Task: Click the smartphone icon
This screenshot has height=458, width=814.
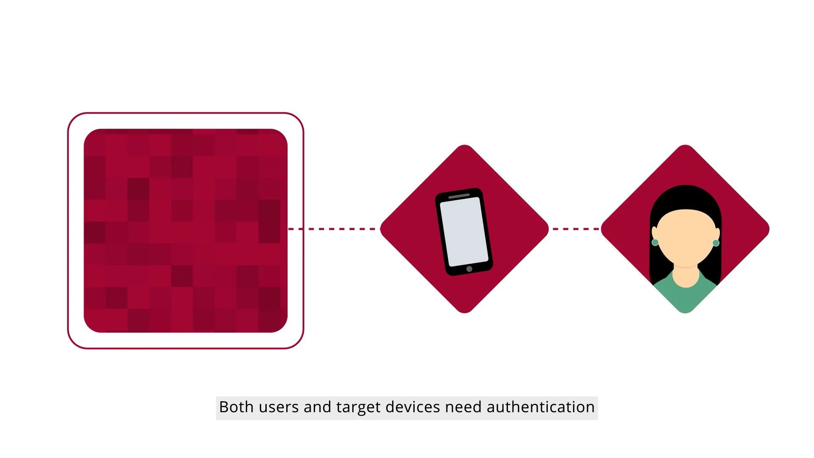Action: click(x=464, y=231)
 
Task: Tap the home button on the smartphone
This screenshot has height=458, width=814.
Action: click(x=469, y=269)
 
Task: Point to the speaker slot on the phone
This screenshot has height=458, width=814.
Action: click(x=459, y=196)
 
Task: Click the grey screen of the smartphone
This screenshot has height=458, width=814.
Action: click(x=464, y=232)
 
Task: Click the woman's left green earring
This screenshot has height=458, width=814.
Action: click(x=655, y=243)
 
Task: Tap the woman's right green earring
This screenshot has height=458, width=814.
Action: click(x=716, y=243)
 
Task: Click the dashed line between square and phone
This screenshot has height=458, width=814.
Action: click(x=335, y=229)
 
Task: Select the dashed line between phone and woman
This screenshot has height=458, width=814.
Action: click(x=575, y=229)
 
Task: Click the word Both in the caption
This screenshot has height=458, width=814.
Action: click(x=236, y=407)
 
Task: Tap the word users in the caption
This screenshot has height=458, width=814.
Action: click(x=278, y=407)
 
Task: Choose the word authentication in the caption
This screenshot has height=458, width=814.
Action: click(x=541, y=407)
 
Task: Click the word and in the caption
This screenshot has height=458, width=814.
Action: click(x=317, y=407)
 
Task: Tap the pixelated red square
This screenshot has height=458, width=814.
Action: click(x=186, y=231)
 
